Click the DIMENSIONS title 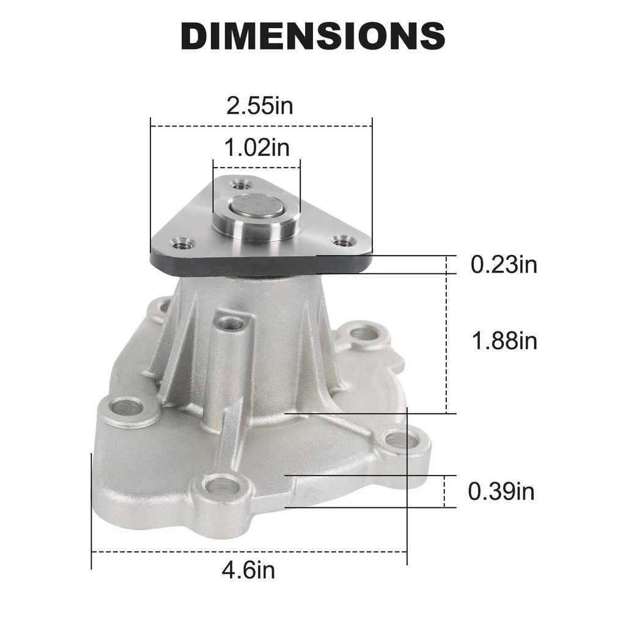[313, 35]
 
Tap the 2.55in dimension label [259, 106]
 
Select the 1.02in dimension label [257, 147]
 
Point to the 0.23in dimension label [504, 264]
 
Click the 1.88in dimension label [504, 341]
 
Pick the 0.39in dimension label [501, 491]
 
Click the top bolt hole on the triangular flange [241, 185]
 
